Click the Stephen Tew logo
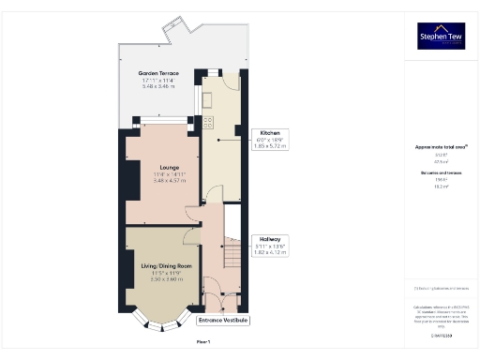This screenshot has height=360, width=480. pos(440,36)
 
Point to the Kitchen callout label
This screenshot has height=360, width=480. pos(270,133)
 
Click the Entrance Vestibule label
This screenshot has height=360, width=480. pos(223,321)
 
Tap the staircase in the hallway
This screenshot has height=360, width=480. pos(232,253)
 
